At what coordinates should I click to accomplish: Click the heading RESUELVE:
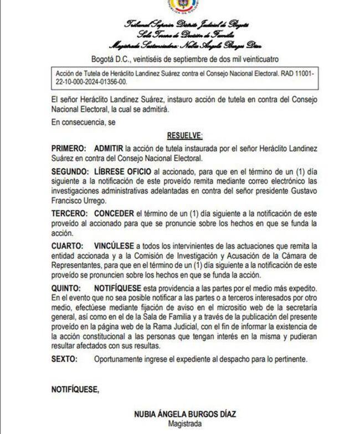point(185,135)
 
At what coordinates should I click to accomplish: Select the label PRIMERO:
point(68,149)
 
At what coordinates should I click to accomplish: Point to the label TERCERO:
point(69,213)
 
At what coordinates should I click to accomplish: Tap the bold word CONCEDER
point(114,213)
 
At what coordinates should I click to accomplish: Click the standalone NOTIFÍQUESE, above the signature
point(75,389)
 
